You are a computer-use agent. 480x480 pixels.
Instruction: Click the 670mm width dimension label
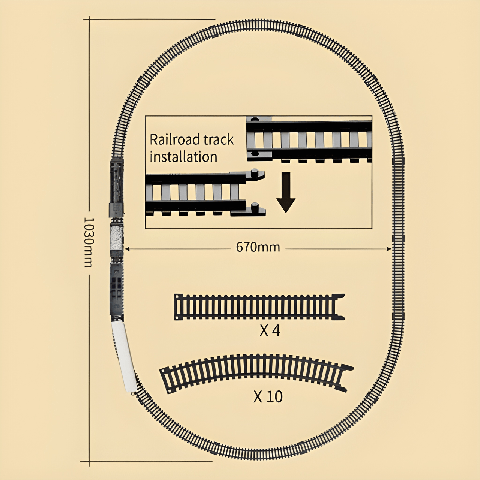(258, 247)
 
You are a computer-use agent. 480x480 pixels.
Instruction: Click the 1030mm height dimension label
(88, 242)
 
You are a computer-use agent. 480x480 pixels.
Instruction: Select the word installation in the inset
(183, 157)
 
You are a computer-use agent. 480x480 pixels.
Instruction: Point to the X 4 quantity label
(270, 330)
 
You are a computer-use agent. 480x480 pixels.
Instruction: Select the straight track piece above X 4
(259, 307)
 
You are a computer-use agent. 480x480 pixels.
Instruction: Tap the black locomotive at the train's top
(116, 187)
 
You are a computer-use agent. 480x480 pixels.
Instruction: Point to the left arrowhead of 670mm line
(127, 248)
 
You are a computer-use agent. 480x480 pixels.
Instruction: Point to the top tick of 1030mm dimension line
(89, 19)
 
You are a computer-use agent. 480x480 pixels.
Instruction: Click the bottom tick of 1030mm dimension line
(89, 462)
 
